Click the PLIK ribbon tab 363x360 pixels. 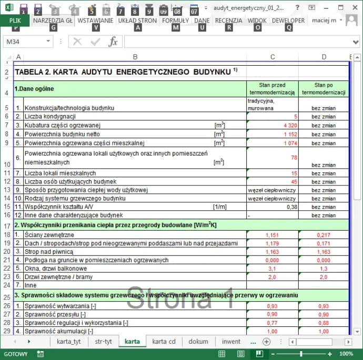(x=15, y=20)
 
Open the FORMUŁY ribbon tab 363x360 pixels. (x=175, y=20)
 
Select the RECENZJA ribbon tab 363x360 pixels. (x=228, y=20)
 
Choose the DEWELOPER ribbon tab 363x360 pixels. (x=288, y=20)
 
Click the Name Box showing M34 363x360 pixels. (x=26, y=42)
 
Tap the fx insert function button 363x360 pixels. (x=113, y=42)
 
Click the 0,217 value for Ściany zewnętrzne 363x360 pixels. (x=323, y=234)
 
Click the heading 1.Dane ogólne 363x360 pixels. (x=34, y=89)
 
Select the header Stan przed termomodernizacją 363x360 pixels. (x=273, y=89)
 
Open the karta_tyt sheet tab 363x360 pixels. (x=68, y=342)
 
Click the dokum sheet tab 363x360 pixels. (x=198, y=342)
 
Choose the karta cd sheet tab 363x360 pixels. (x=164, y=342)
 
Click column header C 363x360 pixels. (x=272, y=57)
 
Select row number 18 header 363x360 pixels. (x=6, y=234)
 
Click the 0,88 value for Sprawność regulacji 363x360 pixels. (x=324, y=323)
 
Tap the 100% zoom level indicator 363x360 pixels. (x=346, y=354)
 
